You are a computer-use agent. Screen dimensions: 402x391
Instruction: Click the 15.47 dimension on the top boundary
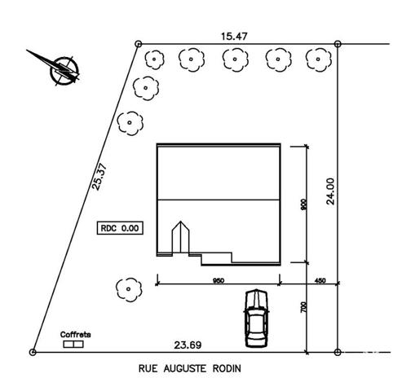coord(234,37)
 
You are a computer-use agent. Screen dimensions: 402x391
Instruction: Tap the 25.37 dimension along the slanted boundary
coord(99,177)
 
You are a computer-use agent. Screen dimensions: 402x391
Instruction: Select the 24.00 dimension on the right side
coord(330,191)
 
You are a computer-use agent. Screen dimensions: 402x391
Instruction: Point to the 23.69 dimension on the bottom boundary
coord(188,345)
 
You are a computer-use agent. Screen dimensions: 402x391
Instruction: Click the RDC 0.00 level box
coord(120,228)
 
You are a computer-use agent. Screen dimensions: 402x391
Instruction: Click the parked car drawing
coord(256,319)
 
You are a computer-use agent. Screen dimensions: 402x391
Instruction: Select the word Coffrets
coord(75,335)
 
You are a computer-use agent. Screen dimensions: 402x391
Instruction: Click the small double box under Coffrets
coord(73,345)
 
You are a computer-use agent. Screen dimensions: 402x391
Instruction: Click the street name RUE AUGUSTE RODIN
coord(190,368)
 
